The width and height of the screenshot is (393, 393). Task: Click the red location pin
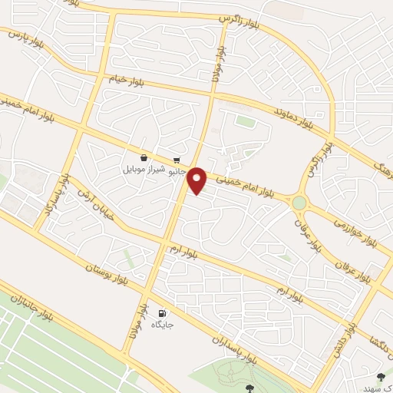pyautogui.click(x=197, y=180)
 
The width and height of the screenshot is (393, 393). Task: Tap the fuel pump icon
pyautogui.click(x=162, y=313)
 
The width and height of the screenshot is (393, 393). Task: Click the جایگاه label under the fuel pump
pyautogui.click(x=162, y=325)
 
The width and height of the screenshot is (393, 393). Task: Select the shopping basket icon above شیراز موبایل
pyautogui.click(x=144, y=157)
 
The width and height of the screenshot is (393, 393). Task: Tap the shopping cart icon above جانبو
pyautogui.click(x=177, y=161)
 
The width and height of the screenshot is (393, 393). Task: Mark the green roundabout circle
pyautogui.click(x=299, y=203)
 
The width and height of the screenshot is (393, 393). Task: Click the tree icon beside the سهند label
pyautogui.click(x=381, y=376)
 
